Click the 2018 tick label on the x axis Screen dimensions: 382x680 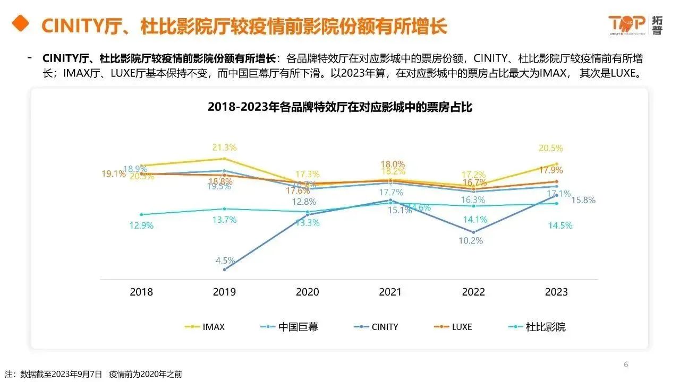[x=141, y=292]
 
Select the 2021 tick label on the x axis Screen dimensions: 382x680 [x=390, y=292]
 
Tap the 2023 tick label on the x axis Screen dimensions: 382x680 [x=556, y=292]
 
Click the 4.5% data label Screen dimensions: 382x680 [x=225, y=261]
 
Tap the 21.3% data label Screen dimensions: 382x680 [x=225, y=147]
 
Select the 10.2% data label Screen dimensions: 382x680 [x=471, y=240]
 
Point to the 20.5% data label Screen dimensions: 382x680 [x=551, y=149]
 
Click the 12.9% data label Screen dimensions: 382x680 [x=141, y=225]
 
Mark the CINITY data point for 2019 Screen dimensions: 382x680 [x=225, y=270]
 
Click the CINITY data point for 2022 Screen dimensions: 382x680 [x=473, y=232]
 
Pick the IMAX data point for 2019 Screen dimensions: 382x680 [x=225, y=159]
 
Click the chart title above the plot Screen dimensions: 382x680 [x=340, y=107]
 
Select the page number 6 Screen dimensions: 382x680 [x=626, y=364]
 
